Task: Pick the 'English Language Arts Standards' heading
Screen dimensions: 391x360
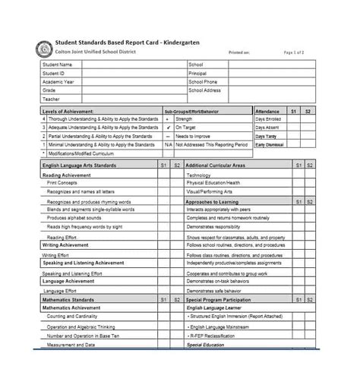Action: [79, 164]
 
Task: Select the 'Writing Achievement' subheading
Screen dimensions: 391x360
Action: [67, 246]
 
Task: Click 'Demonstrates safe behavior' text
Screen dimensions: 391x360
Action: [213, 291]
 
